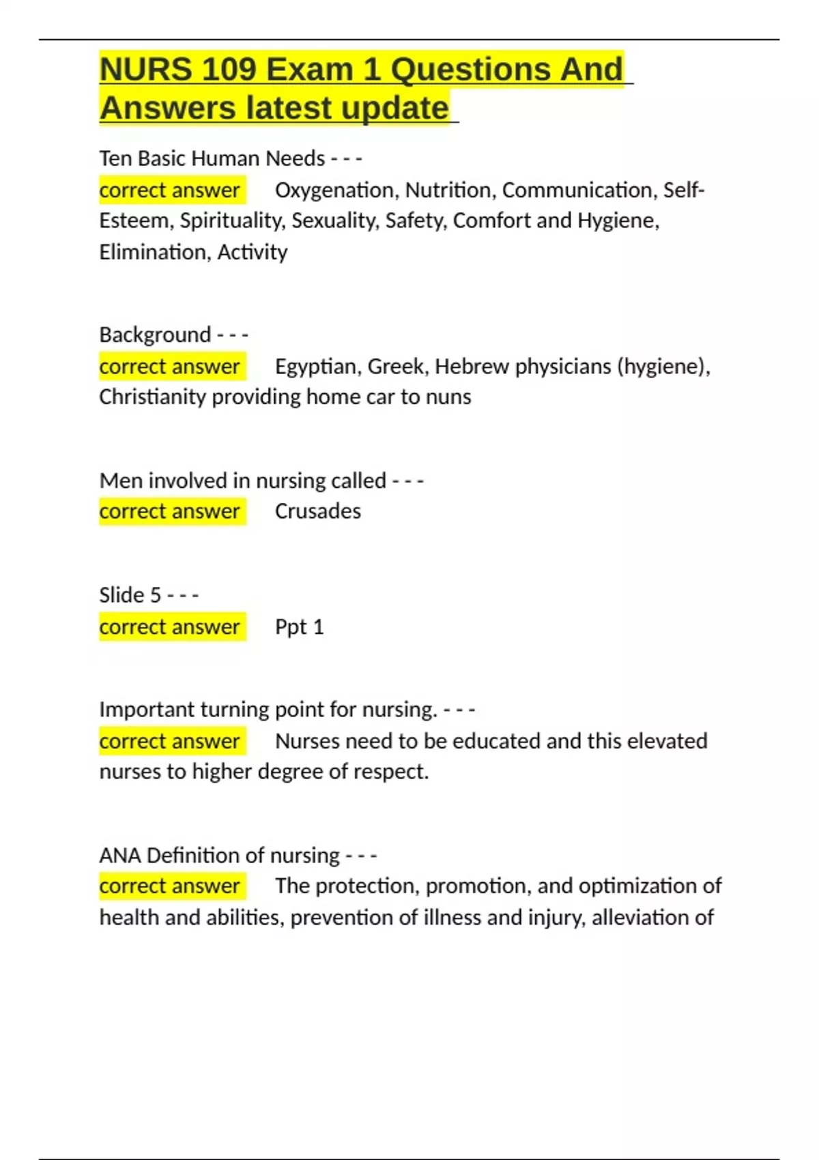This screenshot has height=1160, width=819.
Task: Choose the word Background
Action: click(x=155, y=334)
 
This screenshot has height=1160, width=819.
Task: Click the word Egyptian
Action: click(x=316, y=366)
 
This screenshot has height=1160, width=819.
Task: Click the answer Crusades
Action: click(x=318, y=511)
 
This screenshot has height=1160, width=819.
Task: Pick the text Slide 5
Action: click(x=130, y=595)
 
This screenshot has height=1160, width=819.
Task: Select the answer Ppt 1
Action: click(x=299, y=626)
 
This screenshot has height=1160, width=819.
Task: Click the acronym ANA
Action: click(x=120, y=855)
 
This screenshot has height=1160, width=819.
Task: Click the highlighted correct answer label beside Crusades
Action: click(x=170, y=511)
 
